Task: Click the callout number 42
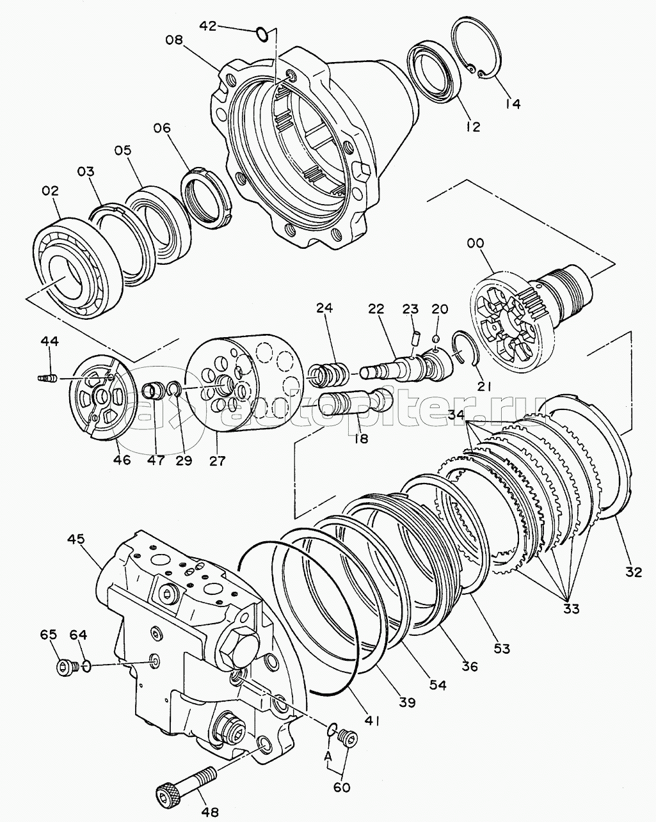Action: point(209,26)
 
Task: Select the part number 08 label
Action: point(173,40)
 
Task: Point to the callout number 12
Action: point(472,127)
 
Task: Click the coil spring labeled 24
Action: point(328,371)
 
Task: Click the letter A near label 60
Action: point(329,755)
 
